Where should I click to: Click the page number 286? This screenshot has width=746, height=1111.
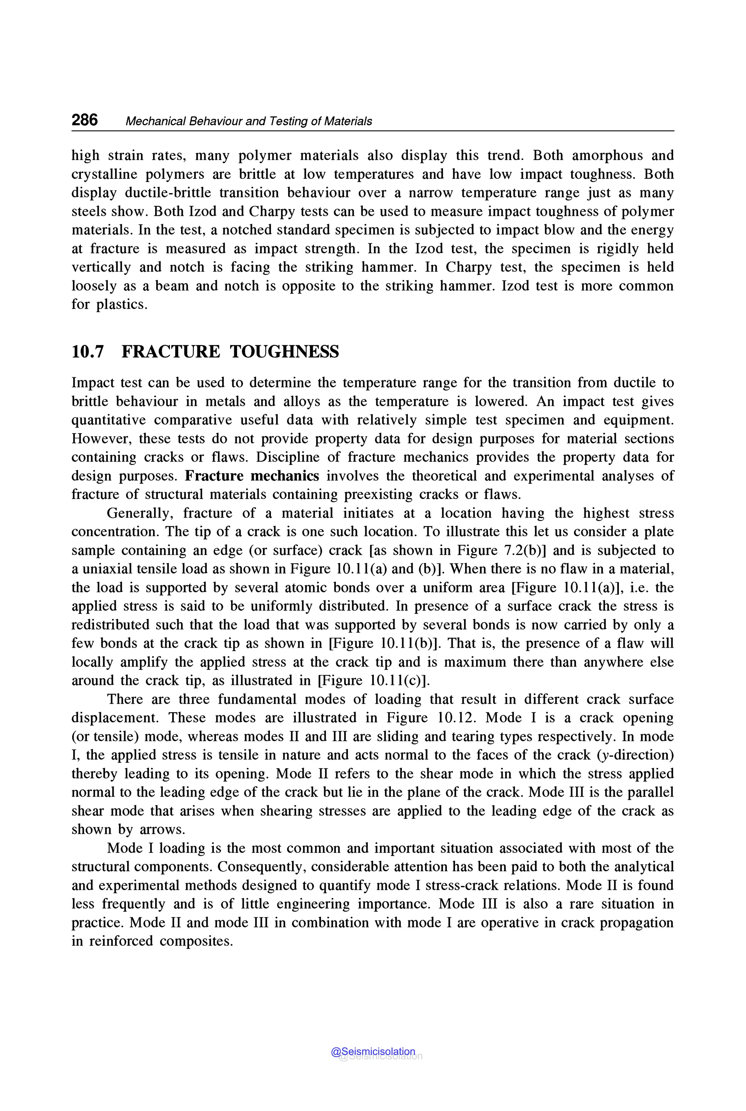(x=85, y=120)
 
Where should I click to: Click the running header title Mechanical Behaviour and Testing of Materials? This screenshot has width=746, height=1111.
(x=248, y=121)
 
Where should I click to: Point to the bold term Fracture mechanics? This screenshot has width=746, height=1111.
(x=252, y=476)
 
